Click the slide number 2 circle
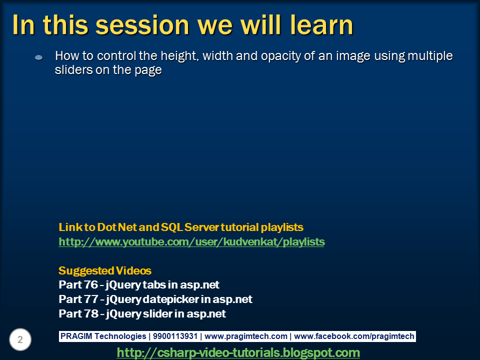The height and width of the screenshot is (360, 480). pyautogui.click(x=20, y=339)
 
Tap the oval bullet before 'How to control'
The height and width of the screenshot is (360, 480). pyautogui.click(x=39, y=57)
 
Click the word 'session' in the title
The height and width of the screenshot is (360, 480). pyautogui.click(x=142, y=25)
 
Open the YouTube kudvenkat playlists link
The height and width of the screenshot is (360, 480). pyautogui.click(x=191, y=242)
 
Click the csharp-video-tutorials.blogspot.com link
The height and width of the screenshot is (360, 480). pyautogui.click(x=238, y=352)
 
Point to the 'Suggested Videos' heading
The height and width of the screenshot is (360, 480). pyautogui.click(x=105, y=270)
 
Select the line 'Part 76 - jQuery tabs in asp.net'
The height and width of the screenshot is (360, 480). pyautogui.click(x=139, y=285)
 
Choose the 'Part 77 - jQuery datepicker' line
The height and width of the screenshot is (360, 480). pyautogui.click(x=155, y=299)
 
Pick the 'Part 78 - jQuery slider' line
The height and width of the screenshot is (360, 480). pyautogui.click(x=142, y=314)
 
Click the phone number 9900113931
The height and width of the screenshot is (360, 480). pyautogui.click(x=175, y=336)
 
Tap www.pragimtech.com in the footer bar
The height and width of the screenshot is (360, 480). pyautogui.click(x=246, y=336)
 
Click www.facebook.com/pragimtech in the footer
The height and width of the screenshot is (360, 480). pyautogui.click(x=354, y=336)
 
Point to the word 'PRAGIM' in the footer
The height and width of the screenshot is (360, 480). pyautogui.click(x=76, y=336)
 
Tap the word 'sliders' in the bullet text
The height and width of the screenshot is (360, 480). pyautogui.click(x=74, y=70)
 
